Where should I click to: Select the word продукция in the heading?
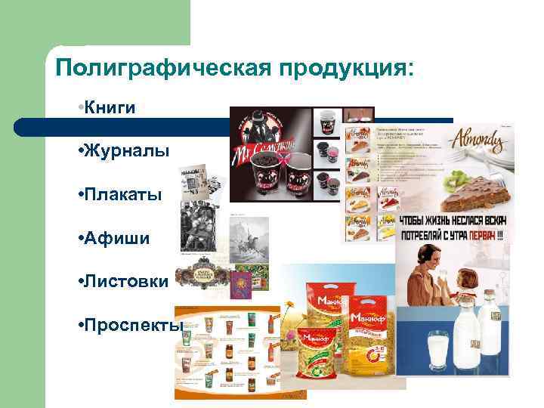coord(346,70)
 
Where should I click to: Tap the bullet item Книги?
coord(110,107)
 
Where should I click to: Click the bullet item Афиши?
coord(113,239)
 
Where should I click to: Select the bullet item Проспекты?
coord(131,326)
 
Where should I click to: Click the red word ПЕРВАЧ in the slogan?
coord(480,234)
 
